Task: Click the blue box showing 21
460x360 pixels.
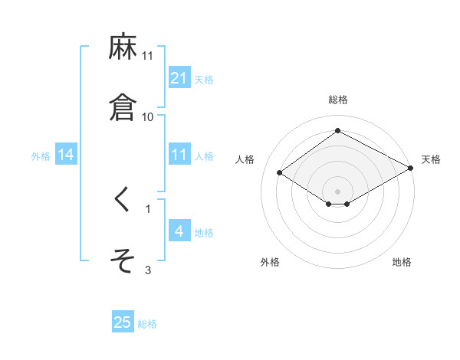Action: click(179, 77)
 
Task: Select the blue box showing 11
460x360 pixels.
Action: click(179, 155)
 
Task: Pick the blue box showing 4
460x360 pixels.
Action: click(179, 231)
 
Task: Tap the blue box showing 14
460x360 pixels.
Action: click(66, 155)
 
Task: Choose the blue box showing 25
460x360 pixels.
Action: click(123, 322)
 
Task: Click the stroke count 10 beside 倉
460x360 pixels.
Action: click(148, 116)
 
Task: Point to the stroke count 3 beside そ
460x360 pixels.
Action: click(148, 270)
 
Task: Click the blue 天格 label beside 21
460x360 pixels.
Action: click(204, 79)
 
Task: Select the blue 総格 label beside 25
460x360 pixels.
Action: click(147, 324)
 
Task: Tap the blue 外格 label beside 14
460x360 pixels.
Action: click(41, 156)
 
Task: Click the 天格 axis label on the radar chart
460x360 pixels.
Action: click(431, 159)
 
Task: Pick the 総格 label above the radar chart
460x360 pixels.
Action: click(337, 100)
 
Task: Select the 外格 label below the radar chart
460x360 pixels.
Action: click(270, 262)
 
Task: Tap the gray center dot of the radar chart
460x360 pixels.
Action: click(337, 191)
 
